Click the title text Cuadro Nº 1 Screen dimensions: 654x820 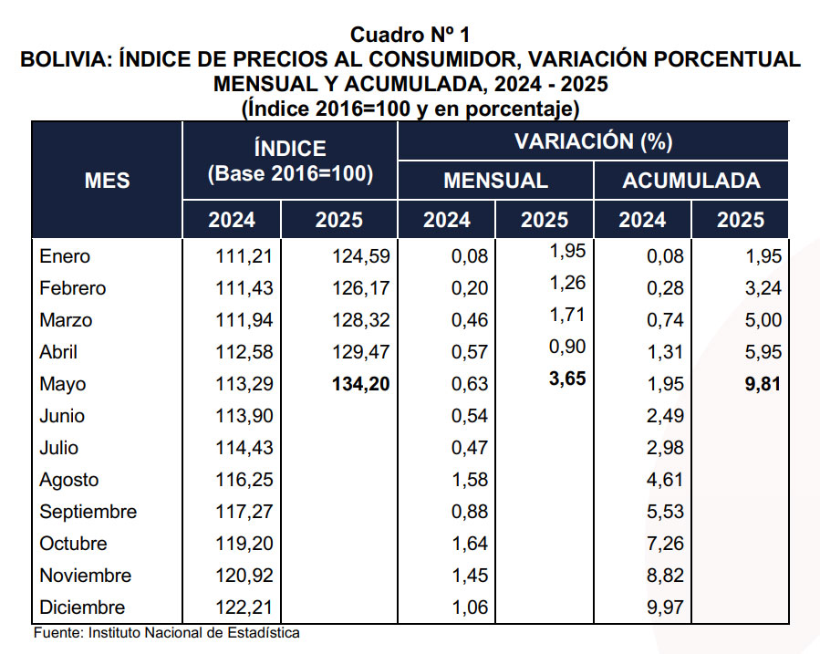point(410,36)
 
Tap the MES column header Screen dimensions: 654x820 point(108,181)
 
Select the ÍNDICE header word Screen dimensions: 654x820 point(290,148)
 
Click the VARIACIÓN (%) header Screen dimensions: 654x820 point(593,141)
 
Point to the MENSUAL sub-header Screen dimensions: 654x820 point(495,181)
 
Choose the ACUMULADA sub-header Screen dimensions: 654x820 point(691,181)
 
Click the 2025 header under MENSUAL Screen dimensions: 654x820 point(545,220)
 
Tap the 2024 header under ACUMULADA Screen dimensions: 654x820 point(642,220)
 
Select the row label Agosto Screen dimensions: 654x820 point(69,480)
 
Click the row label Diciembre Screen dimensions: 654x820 point(82,607)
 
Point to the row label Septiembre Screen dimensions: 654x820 point(88,512)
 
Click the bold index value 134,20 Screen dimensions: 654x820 point(360,384)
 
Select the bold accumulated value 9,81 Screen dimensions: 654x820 point(763,384)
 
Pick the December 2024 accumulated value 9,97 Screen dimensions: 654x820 point(665,607)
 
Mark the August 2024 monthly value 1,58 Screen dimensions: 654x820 point(469,480)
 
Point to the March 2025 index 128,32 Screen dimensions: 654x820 point(361,320)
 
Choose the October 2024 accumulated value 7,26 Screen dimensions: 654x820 point(665,544)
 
